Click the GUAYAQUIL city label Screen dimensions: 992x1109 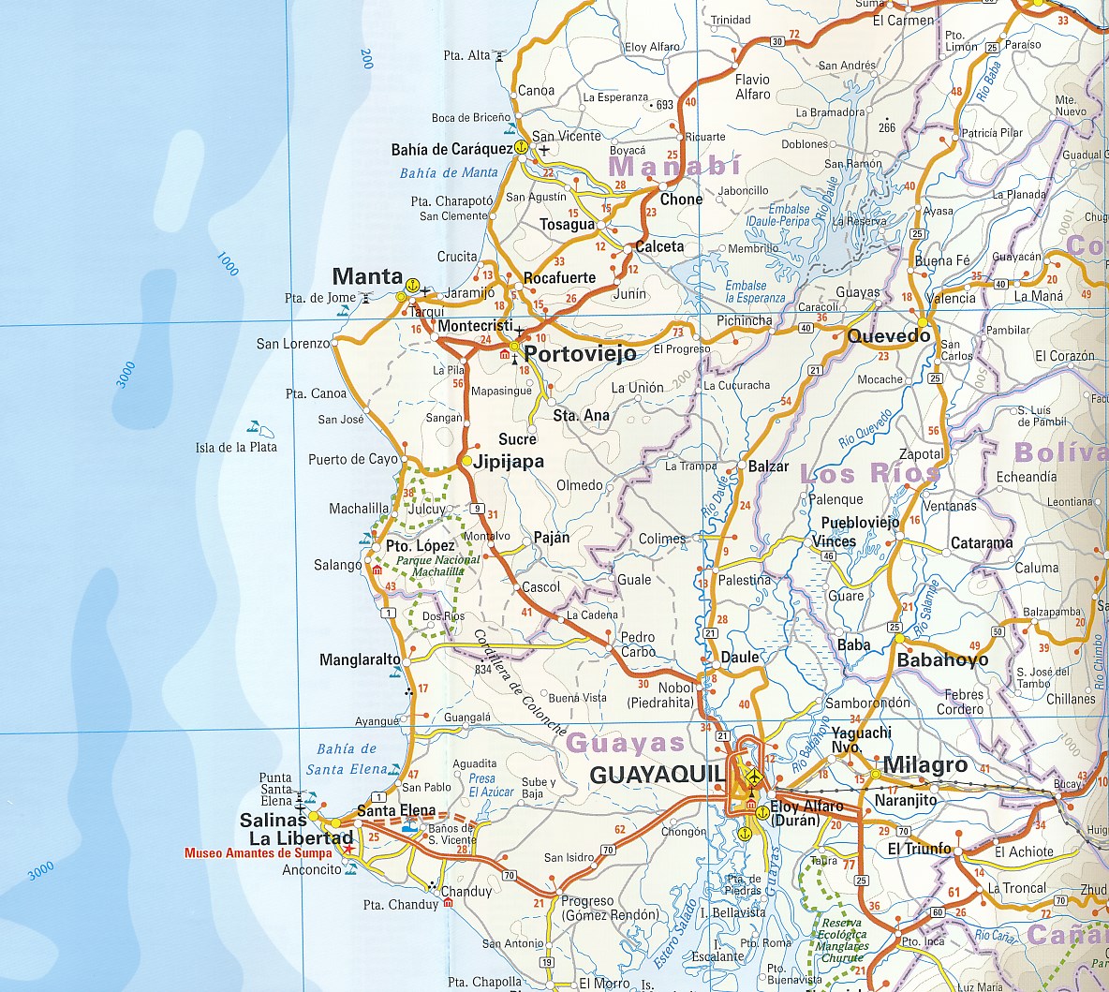(658, 775)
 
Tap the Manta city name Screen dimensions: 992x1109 (367, 276)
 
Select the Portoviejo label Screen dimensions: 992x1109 (580, 353)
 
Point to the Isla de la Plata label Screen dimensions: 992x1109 (236, 447)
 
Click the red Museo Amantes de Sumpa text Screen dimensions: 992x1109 (258, 853)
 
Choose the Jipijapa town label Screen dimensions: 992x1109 (509, 461)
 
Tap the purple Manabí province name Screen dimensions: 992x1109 (674, 167)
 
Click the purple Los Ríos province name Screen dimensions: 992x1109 (869, 473)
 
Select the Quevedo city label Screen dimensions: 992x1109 (888, 336)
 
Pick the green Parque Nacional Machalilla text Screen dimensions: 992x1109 (437, 566)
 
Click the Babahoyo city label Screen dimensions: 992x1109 (942, 659)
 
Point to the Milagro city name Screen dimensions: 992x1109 (924, 765)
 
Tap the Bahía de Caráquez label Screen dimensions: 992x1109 (451, 149)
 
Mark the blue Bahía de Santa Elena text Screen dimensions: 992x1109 (347, 759)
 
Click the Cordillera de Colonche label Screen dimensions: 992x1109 (519, 681)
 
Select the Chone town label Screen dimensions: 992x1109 (681, 200)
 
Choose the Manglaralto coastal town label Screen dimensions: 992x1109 (360, 659)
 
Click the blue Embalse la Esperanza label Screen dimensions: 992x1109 (755, 292)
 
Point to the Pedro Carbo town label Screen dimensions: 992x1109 (638, 644)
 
